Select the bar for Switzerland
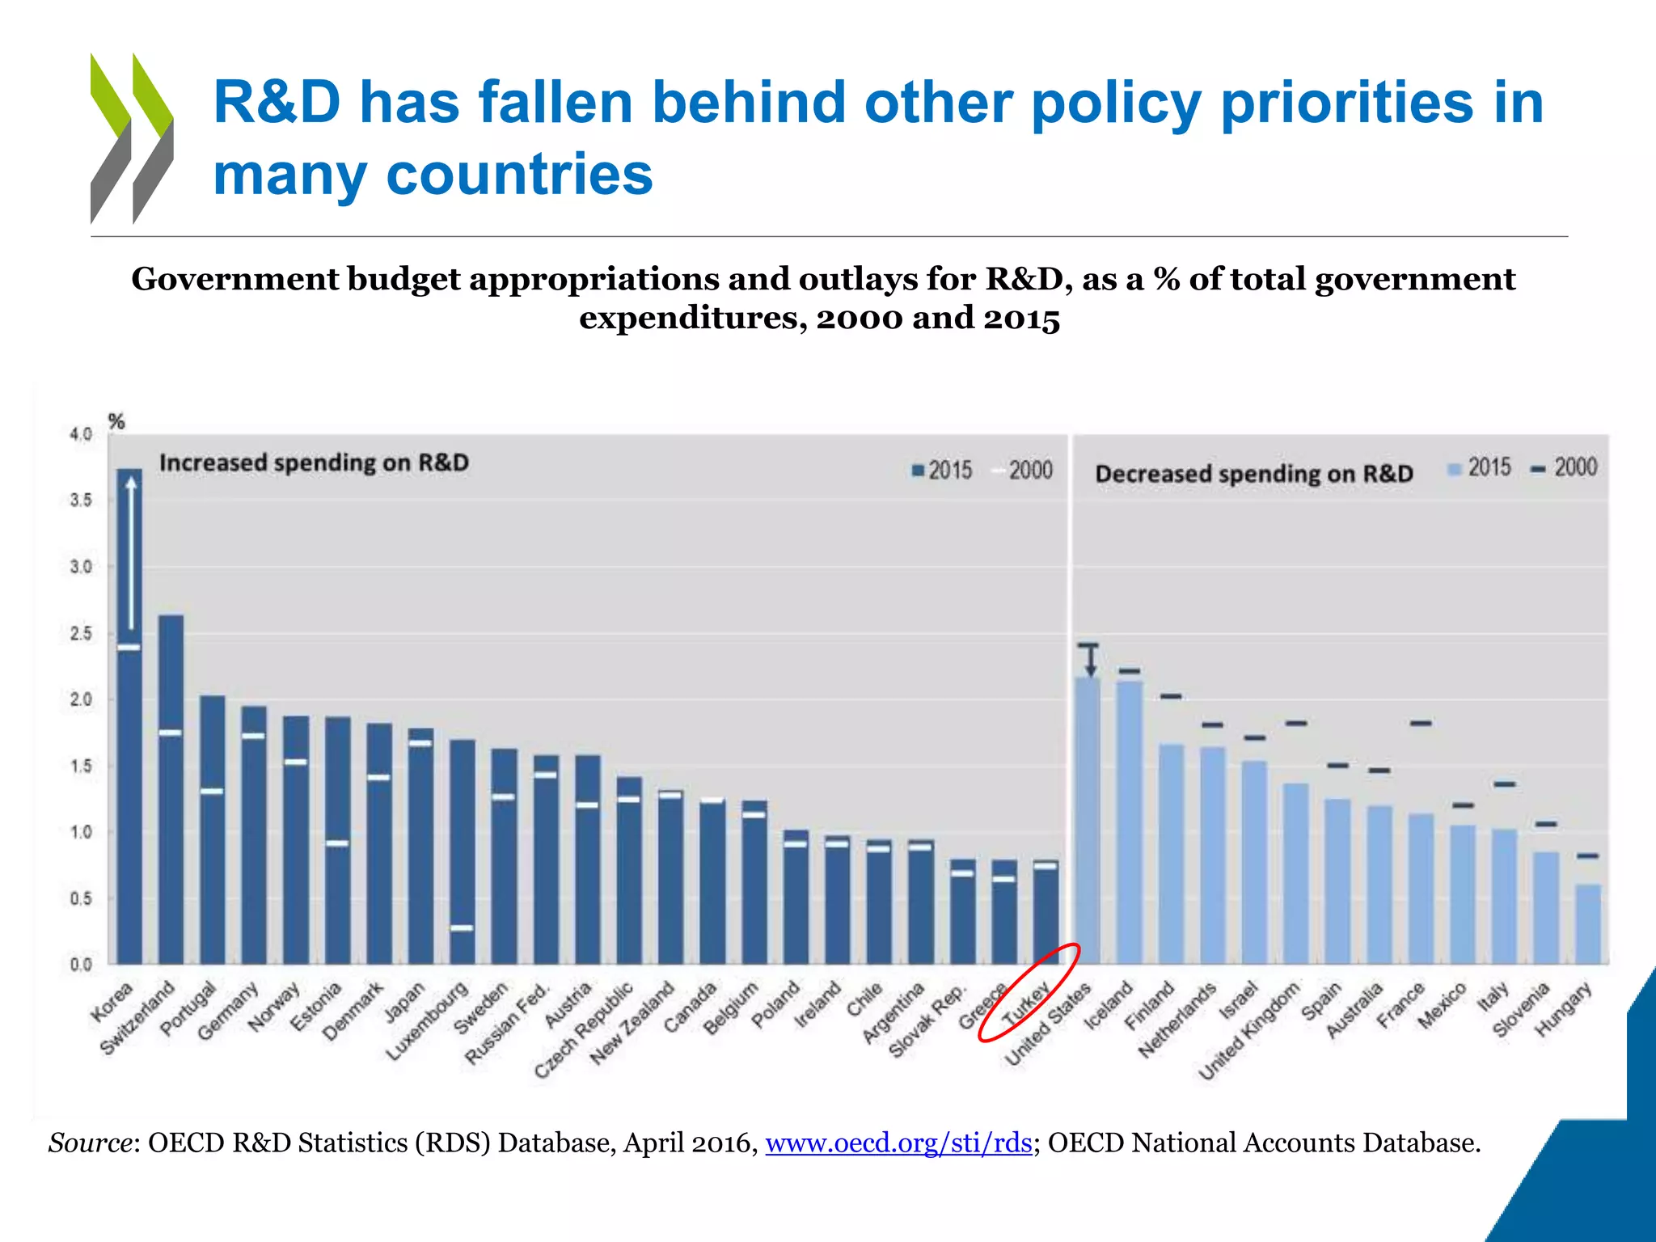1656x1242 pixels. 171,809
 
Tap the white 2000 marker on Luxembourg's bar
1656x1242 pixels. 462,927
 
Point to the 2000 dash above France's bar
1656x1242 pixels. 1422,723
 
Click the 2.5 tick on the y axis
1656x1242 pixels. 81,633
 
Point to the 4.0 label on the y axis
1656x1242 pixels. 81,434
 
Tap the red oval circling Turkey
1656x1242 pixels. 1029,992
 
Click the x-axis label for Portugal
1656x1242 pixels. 188,1009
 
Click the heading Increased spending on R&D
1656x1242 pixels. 314,463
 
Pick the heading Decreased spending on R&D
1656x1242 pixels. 1253,474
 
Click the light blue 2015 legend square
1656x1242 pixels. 1454,468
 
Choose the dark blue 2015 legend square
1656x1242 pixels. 918,471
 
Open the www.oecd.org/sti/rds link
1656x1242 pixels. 898,1143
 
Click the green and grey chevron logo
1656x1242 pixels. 132,138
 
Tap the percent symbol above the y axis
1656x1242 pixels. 116,421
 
